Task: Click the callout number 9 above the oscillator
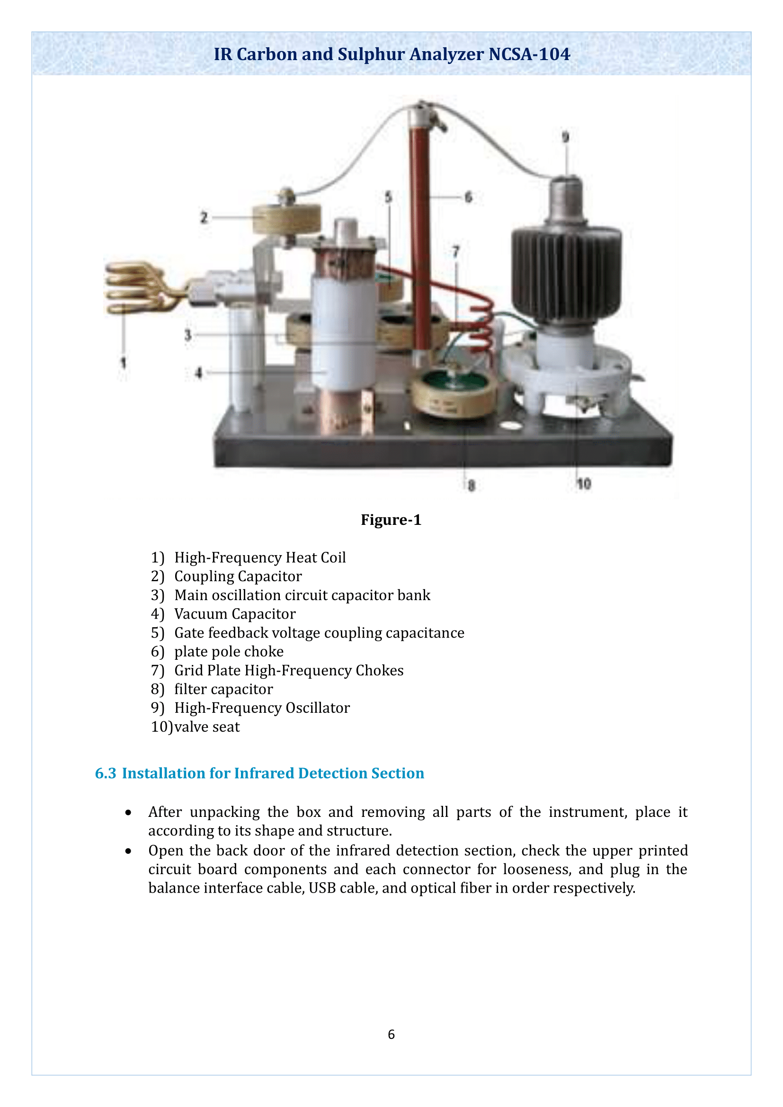[566, 137]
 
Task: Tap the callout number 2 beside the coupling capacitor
[204, 217]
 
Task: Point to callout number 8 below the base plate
[471, 486]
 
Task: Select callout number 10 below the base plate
[583, 484]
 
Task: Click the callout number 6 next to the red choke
[468, 197]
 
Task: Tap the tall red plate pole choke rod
[420, 231]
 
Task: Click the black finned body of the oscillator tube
[567, 275]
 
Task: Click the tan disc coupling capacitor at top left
[287, 218]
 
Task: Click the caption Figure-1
[391, 520]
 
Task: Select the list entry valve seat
[207, 726]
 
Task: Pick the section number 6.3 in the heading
[106, 773]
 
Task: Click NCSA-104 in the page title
[529, 54]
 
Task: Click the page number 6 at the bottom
[391, 1034]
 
